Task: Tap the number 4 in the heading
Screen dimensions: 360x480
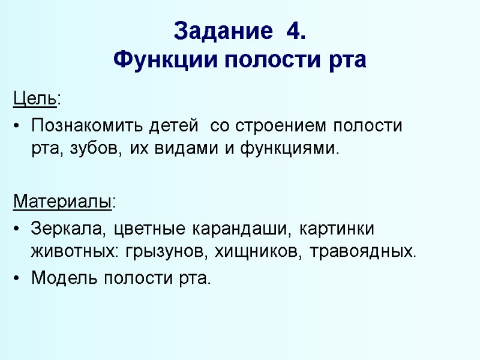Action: pos(296,31)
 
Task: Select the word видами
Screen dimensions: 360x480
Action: pos(190,148)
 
